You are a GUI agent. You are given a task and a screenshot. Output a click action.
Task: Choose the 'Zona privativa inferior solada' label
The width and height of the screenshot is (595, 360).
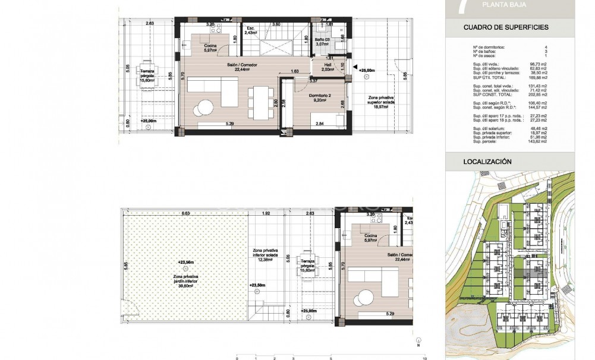(266, 255)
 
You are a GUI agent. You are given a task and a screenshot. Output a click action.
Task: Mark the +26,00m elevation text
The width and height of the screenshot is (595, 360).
(367, 70)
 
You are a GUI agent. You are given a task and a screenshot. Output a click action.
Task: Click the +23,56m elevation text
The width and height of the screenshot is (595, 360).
(186, 261)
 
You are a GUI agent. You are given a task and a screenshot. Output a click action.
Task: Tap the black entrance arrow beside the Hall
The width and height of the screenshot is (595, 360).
(355, 67)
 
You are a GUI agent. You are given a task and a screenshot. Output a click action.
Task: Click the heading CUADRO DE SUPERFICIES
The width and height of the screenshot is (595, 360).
(506, 27)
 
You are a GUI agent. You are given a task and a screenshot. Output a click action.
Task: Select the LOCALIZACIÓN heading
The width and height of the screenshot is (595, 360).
(487, 161)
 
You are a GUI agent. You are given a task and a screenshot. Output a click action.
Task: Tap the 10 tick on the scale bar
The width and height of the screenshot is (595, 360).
(424, 358)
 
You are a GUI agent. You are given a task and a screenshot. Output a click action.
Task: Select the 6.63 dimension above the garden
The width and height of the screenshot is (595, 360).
(185, 213)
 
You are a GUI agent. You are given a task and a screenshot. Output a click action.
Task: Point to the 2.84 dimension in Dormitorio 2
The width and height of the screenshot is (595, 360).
(319, 124)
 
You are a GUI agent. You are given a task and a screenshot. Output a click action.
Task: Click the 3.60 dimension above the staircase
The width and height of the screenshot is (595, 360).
(276, 24)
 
